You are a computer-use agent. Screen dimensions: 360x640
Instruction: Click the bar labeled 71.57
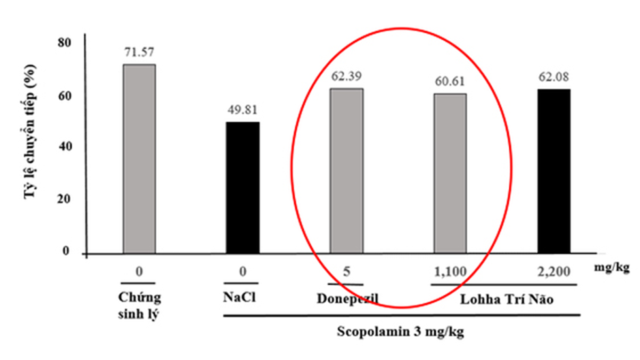[x=139, y=159]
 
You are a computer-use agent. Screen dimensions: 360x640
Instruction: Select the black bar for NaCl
[x=242, y=188]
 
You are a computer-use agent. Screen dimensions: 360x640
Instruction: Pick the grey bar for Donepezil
[x=347, y=171]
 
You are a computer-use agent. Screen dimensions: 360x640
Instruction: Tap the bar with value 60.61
[x=450, y=174]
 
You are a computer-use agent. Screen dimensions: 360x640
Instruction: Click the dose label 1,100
[x=449, y=273]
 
